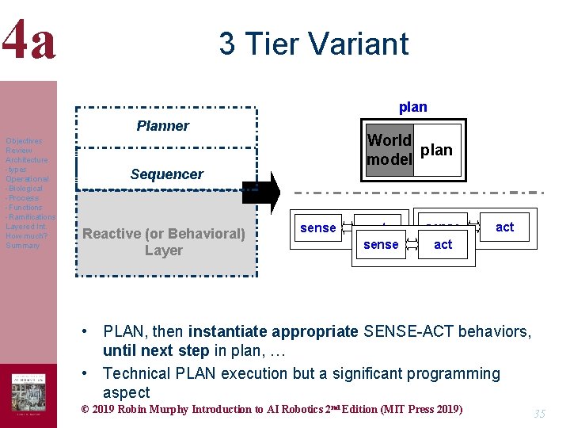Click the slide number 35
pyautogui.click(x=540, y=414)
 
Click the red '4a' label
pyautogui.click(x=29, y=42)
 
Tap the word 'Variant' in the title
pyautogui.click(x=365, y=44)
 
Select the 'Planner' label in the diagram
pyautogui.click(x=162, y=126)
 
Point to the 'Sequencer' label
pyautogui.click(x=167, y=174)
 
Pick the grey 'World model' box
pyautogui.click(x=389, y=150)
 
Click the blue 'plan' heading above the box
pyautogui.click(x=412, y=107)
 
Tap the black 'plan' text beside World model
pyautogui.click(x=436, y=150)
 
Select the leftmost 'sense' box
pyautogui.click(x=318, y=228)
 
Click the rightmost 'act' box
pyautogui.click(x=504, y=227)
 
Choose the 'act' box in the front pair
pyautogui.click(x=443, y=245)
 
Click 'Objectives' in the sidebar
pyautogui.click(x=24, y=141)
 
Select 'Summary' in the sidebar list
pyautogui.click(x=22, y=246)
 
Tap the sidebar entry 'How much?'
pyautogui.click(x=26, y=236)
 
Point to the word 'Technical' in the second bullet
pyautogui.click(x=137, y=373)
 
